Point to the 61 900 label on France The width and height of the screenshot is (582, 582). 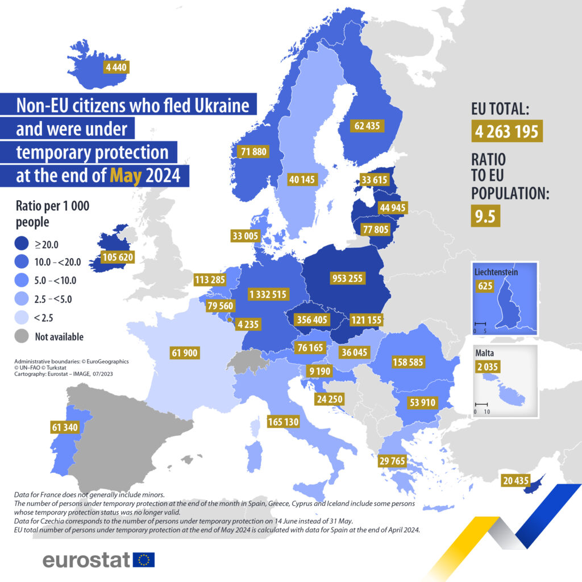click(x=184, y=354)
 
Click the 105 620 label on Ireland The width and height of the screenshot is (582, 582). click(x=118, y=257)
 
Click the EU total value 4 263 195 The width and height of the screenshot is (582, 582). click(x=507, y=131)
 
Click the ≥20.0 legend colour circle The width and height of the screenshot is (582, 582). click(x=22, y=244)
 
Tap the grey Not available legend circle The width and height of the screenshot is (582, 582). click(x=22, y=336)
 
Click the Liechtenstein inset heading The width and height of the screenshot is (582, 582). click(x=496, y=272)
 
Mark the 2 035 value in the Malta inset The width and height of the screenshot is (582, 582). click(x=488, y=367)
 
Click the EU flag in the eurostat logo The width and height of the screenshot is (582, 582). click(x=144, y=560)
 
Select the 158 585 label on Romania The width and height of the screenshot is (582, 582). click(x=411, y=361)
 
